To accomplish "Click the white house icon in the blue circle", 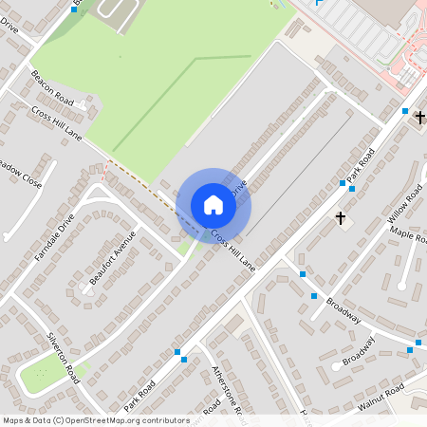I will click(x=213, y=204).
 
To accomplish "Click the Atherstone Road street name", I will click(x=230, y=392).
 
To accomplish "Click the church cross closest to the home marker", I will click(x=341, y=218).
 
